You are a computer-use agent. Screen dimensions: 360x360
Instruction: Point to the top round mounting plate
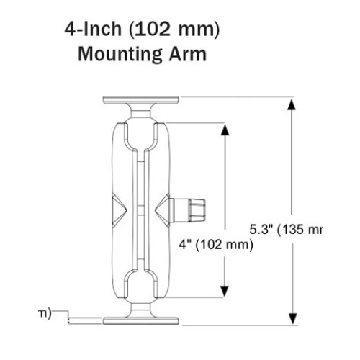(141, 99)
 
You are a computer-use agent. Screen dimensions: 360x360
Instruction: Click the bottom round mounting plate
(141, 320)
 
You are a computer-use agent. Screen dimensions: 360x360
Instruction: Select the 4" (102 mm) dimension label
(216, 245)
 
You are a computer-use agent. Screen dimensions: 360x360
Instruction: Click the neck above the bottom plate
(141, 309)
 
